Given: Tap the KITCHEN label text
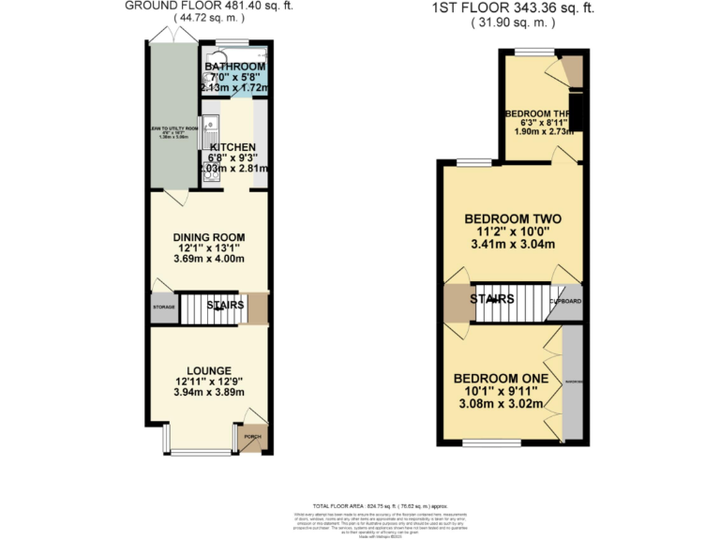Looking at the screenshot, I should coord(232,148).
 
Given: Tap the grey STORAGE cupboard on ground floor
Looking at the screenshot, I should coord(164,307).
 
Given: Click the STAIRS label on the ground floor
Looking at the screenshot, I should coord(226,306).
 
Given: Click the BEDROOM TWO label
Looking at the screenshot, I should coord(513,219).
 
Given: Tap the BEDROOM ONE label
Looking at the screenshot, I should coord(500,378).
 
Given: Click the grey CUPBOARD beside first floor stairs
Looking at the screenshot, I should coord(565,302).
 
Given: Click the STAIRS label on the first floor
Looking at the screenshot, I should coord(491,299).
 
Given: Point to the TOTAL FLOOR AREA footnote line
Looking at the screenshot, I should coord(360,505).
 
